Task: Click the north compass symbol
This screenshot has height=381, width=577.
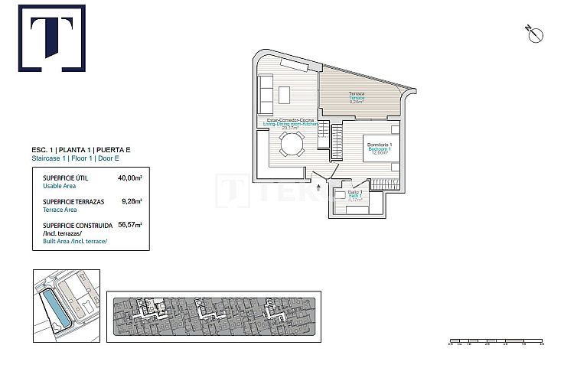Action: (535, 33)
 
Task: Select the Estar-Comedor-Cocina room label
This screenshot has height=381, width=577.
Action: (288, 121)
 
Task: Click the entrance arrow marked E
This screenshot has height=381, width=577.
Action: (319, 184)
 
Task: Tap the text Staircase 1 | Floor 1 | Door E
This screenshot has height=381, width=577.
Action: (77, 158)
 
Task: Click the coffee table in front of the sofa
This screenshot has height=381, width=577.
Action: (285, 94)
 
